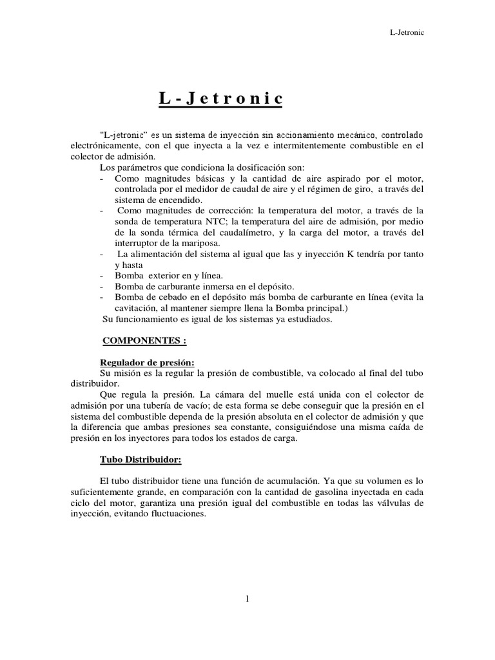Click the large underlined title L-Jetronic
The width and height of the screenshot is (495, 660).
tap(221, 99)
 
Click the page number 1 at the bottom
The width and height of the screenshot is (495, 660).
tap(247, 598)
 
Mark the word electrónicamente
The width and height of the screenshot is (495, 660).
tap(102, 146)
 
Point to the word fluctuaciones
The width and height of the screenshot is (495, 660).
tap(175, 514)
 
